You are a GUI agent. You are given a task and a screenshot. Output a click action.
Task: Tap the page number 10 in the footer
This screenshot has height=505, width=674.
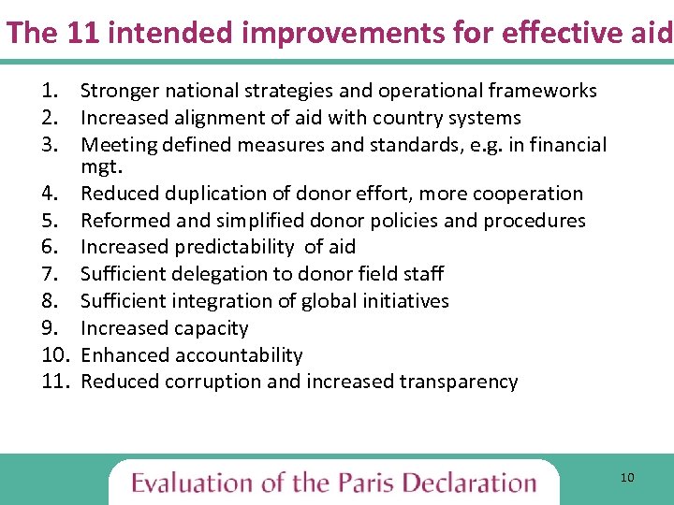click(x=627, y=478)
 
